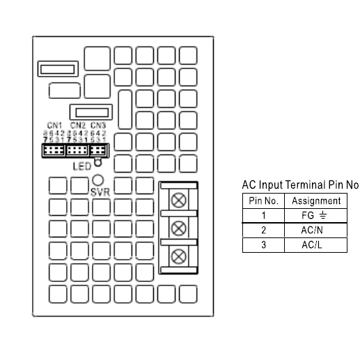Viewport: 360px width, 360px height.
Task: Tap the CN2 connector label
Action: tap(77, 125)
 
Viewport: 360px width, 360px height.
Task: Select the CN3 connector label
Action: tap(98, 125)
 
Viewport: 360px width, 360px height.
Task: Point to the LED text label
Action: tap(81, 166)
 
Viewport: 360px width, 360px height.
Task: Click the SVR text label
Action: tap(99, 191)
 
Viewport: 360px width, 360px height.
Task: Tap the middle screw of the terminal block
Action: tap(179, 227)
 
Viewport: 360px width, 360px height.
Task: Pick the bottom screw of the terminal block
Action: tap(179, 255)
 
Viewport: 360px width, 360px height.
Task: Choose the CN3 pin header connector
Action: tap(98, 150)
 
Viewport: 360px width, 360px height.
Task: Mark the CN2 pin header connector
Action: tap(77, 150)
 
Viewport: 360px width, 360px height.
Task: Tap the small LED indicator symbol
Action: tap(98, 164)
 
